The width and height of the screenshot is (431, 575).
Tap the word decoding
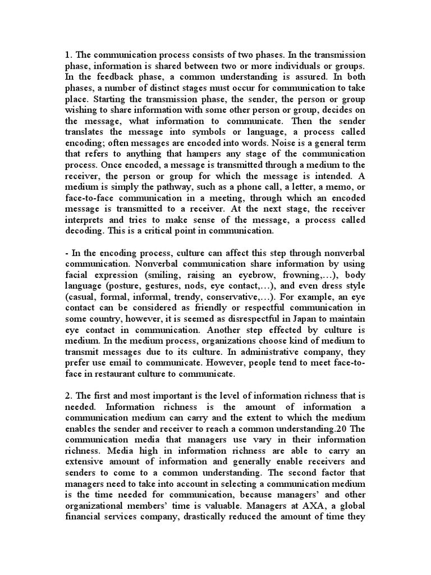84,231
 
